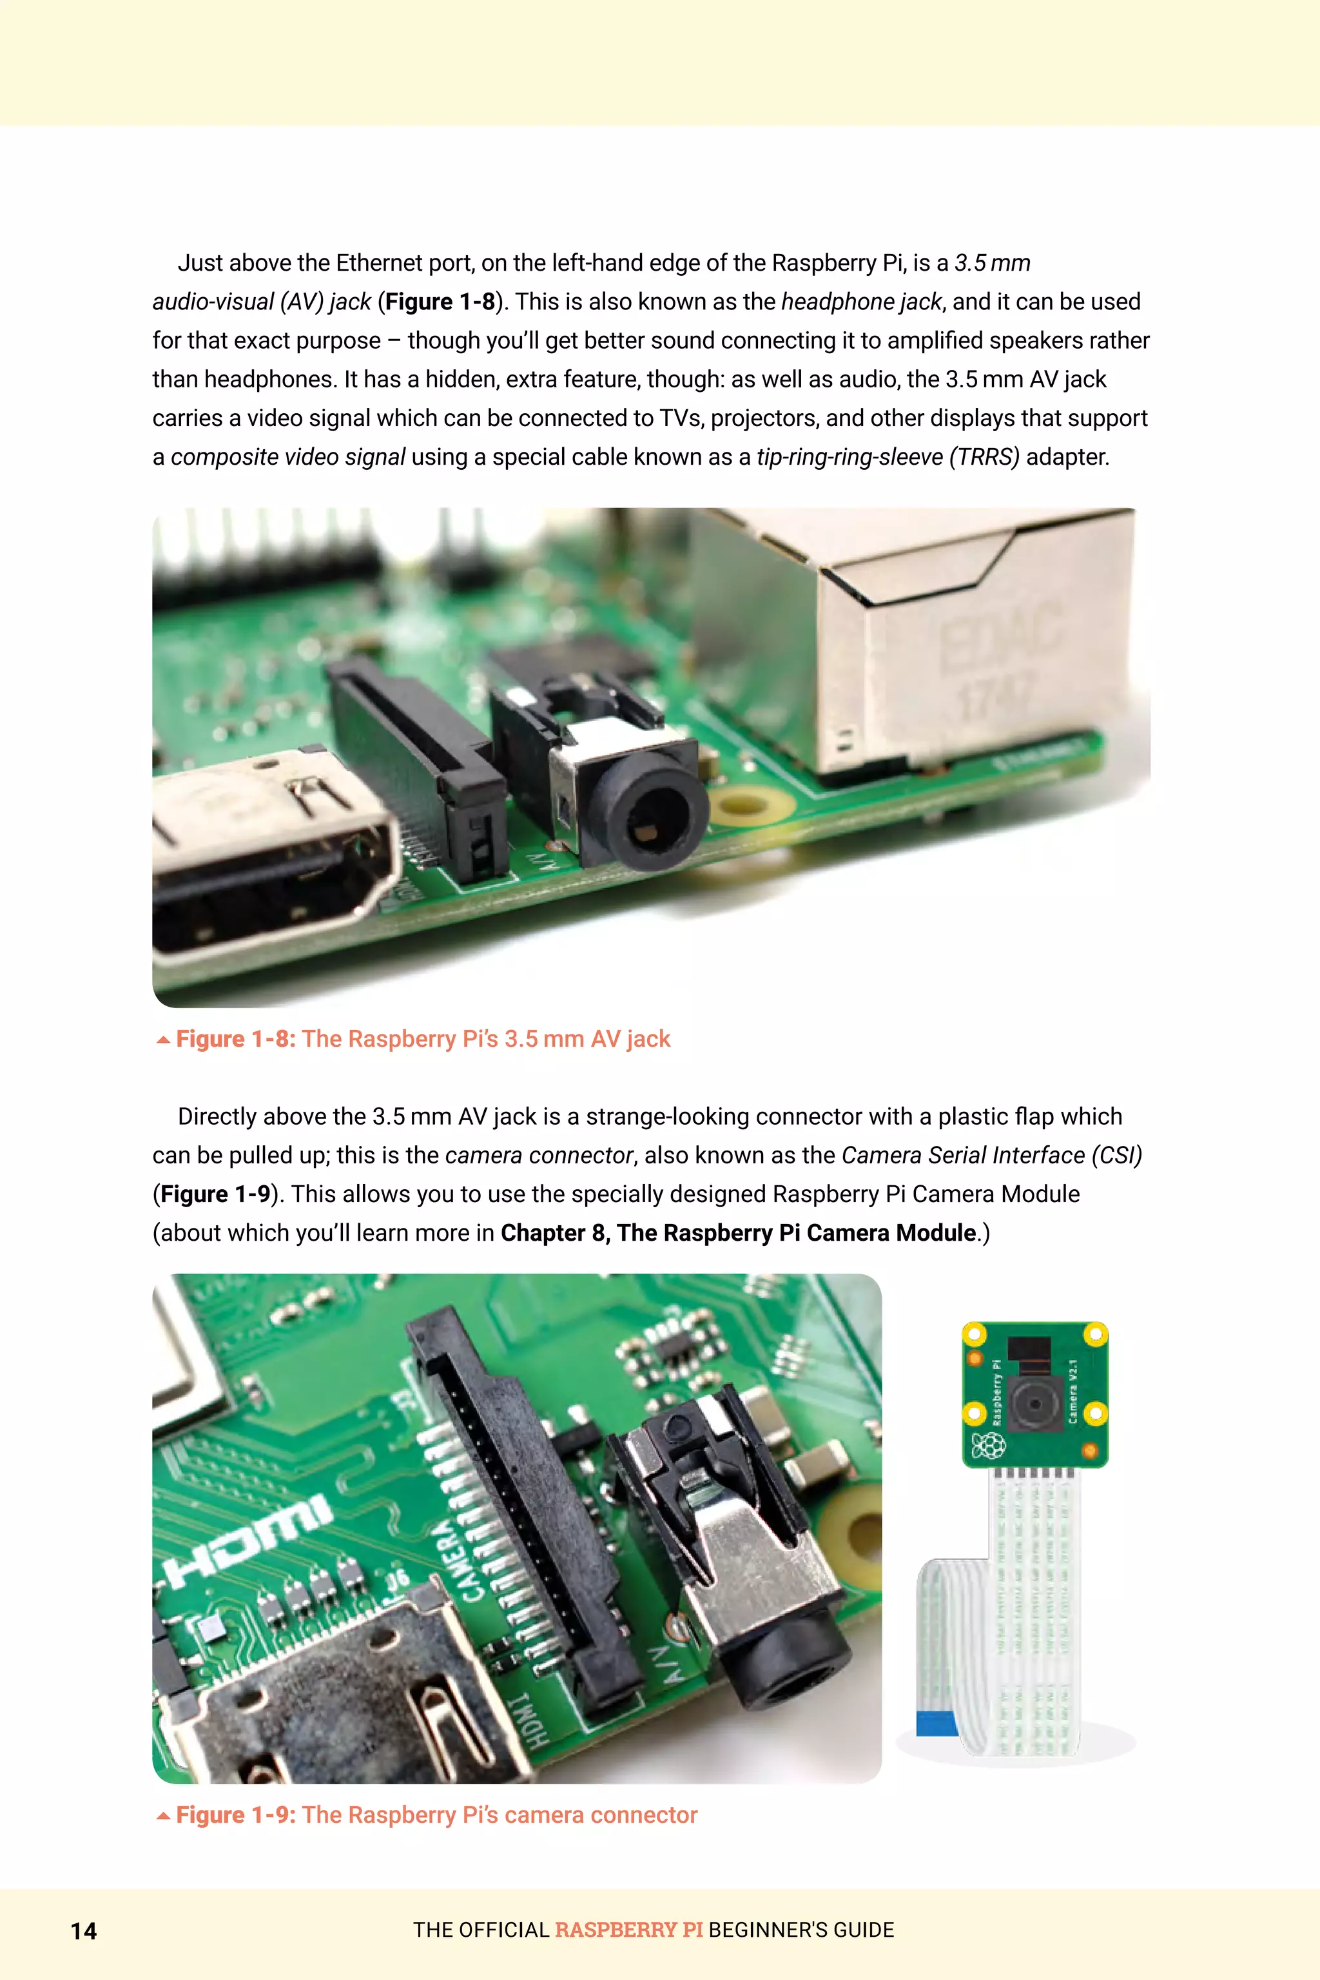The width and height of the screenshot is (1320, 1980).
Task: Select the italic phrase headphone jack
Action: [861, 302]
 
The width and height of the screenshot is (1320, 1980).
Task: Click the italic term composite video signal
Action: [288, 457]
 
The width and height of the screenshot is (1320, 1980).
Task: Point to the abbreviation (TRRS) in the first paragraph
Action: [984, 457]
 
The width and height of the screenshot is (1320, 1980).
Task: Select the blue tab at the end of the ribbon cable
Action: [936, 1723]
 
